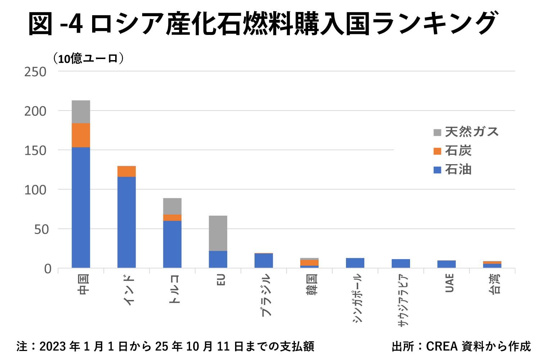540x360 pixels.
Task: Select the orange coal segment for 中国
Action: [81, 135]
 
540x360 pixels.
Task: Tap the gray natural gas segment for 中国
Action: [81, 112]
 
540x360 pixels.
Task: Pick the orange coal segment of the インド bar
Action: [127, 171]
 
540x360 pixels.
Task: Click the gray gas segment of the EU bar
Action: [218, 233]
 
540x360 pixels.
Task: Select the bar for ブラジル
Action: [264, 261]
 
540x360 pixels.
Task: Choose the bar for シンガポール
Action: [355, 263]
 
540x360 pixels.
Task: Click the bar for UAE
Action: [447, 264]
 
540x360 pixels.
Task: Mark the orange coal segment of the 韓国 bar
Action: [310, 262]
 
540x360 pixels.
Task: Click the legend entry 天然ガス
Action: [472, 132]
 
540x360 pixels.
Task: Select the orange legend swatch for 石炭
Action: [437, 151]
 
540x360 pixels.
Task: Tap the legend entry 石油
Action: [458, 170]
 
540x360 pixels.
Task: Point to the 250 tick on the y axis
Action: [35, 72]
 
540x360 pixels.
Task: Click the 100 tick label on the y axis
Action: [35, 190]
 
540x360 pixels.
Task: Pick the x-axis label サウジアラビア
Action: [403, 301]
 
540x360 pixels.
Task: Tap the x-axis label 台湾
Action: [495, 284]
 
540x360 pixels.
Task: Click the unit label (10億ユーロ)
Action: [89, 58]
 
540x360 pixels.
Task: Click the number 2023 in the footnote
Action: [53, 346]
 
